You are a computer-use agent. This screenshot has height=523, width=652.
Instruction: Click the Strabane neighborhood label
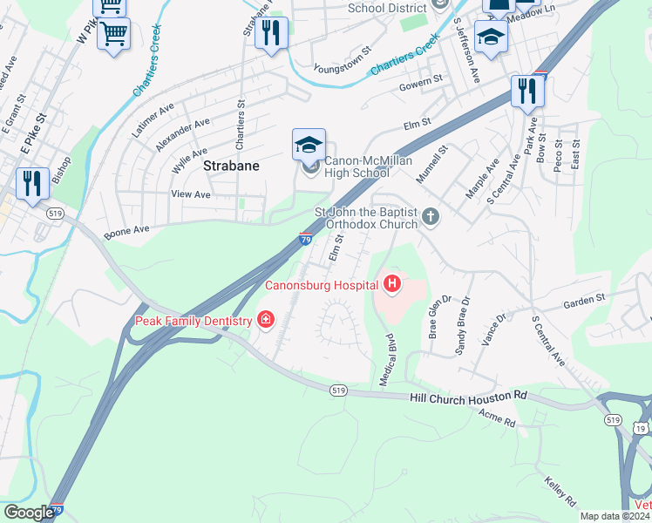tap(232, 165)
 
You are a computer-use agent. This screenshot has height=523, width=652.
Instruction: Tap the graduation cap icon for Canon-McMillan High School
tap(309, 146)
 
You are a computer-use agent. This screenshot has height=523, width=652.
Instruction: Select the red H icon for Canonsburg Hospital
tap(392, 283)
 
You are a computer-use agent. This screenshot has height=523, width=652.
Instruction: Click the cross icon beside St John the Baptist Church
tap(429, 215)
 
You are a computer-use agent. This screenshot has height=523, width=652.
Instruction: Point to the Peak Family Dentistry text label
tap(194, 321)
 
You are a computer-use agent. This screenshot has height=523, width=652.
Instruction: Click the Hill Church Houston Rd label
tap(468, 397)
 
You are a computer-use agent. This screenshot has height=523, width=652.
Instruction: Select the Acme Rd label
tap(497, 421)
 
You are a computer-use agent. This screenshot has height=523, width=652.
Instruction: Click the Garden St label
tap(583, 299)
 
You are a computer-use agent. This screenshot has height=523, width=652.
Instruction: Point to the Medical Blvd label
tap(386, 359)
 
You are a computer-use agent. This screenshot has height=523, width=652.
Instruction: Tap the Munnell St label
tap(431, 164)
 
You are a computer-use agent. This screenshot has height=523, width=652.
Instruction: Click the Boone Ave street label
tap(127, 233)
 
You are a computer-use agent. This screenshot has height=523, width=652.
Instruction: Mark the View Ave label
tap(191, 194)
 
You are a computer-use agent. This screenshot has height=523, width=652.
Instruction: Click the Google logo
tap(29, 513)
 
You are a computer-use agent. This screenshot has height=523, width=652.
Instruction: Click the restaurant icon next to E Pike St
tap(32, 184)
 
